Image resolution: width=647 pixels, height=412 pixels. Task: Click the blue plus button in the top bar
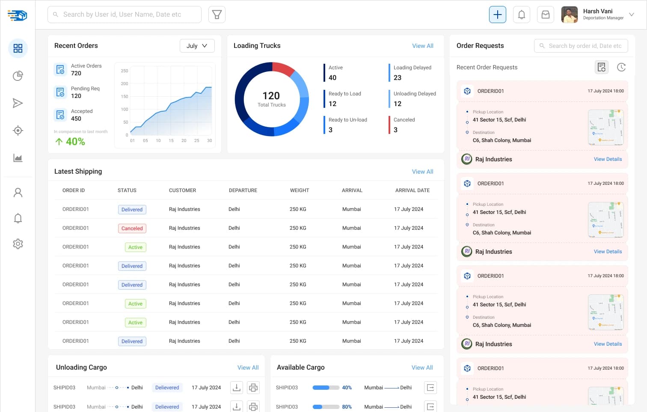click(497, 15)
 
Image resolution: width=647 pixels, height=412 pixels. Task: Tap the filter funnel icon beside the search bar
click(217, 15)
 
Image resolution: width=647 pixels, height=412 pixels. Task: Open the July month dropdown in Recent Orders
click(197, 46)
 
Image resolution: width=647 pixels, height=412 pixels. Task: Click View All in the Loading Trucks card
click(422, 46)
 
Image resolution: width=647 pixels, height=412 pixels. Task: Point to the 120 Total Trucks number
click(271, 96)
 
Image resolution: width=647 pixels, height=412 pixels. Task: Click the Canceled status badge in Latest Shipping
click(132, 228)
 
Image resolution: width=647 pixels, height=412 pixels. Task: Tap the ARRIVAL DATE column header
click(412, 190)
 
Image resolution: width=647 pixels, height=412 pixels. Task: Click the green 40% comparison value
click(75, 142)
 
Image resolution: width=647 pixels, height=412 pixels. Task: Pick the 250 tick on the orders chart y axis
click(125, 71)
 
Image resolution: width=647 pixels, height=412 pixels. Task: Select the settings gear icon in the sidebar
click(18, 244)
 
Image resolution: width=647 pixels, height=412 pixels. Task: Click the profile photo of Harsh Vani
click(569, 15)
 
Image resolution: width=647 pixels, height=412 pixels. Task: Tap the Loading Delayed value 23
click(398, 78)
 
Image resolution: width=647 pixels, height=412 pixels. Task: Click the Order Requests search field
click(581, 46)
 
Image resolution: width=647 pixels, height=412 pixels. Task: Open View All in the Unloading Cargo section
click(248, 368)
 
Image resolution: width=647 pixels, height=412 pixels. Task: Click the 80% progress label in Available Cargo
click(347, 407)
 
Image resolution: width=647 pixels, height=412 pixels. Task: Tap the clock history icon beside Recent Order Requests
click(621, 67)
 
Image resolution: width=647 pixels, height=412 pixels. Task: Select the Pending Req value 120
click(76, 96)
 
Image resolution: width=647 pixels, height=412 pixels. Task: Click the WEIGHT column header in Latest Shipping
click(299, 190)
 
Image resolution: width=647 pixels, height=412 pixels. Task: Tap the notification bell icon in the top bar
click(521, 15)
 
